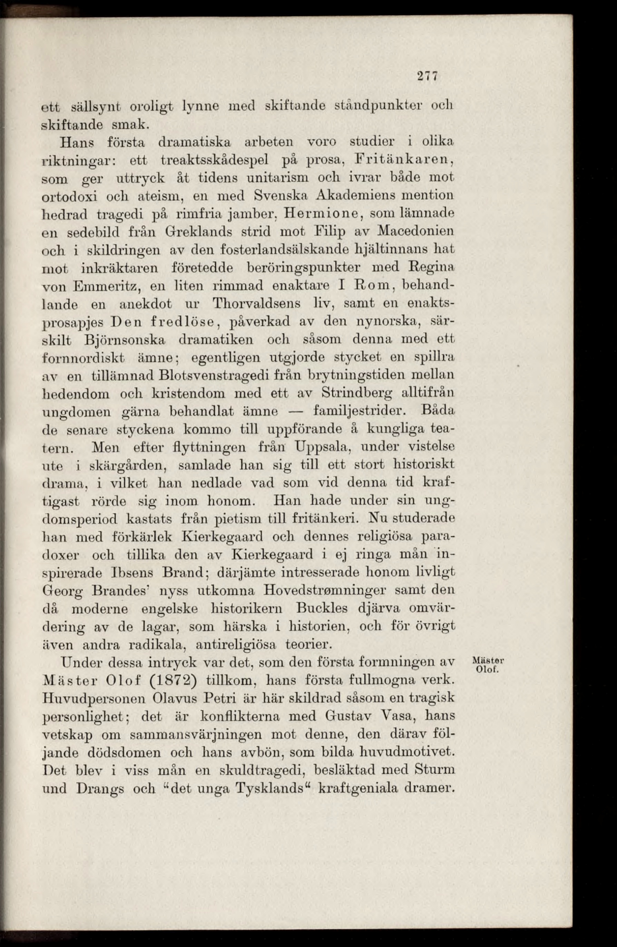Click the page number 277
[x=428, y=75]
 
